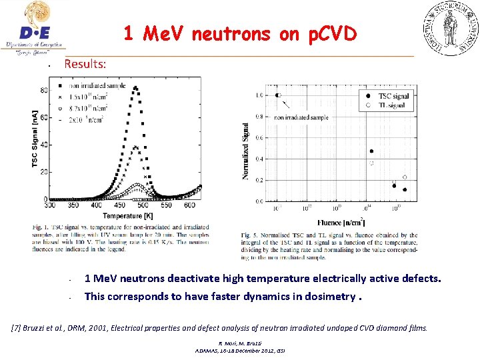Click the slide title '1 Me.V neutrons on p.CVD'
tap(241, 34)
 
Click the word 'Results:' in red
tap(85, 64)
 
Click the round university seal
tap(448, 28)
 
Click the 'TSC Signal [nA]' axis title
tap(35, 139)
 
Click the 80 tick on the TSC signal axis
tap(43, 90)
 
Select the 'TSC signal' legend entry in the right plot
tap(393, 96)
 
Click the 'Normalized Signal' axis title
tap(246, 151)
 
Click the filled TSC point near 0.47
tap(371, 151)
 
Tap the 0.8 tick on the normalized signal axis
tap(259, 117)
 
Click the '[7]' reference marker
tap(17, 327)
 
